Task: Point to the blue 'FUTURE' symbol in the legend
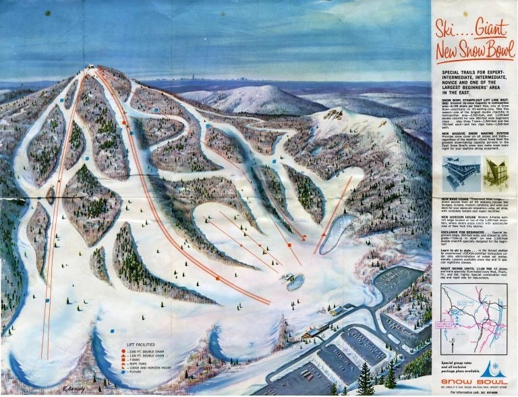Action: pyautogui.click(x=123, y=371)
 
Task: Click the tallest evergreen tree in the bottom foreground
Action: pyautogui.click(x=366, y=380)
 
